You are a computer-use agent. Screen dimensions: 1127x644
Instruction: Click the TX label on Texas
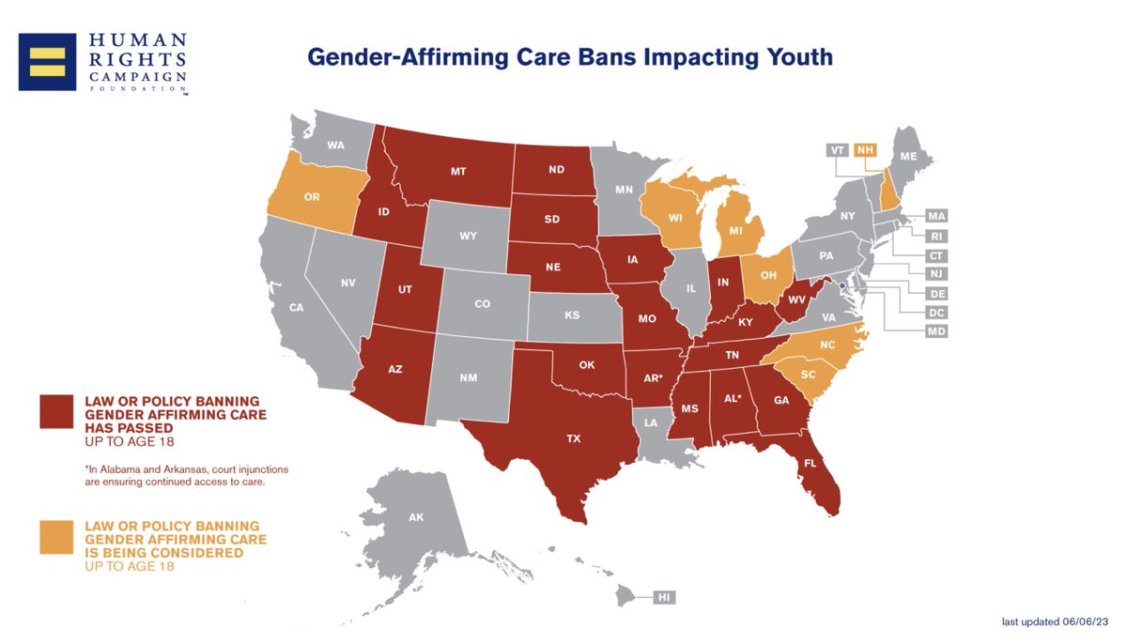(x=573, y=438)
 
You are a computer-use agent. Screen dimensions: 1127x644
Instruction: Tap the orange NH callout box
(x=865, y=150)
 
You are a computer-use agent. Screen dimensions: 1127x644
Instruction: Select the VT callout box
(x=837, y=150)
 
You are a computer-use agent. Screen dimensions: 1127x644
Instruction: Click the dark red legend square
(x=56, y=412)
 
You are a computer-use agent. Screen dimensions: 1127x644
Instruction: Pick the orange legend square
(x=56, y=537)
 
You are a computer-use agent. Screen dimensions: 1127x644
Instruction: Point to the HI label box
(x=664, y=597)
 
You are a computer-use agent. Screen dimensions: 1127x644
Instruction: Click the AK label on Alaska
(x=416, y=517)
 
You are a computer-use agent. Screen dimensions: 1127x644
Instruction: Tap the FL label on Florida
(x=810, y=463)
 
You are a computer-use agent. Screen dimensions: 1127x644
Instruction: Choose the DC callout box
(x=936, y=313)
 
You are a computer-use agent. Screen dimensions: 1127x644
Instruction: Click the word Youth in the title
(x=799, y=57)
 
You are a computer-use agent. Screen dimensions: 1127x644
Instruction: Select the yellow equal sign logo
(x=47, y=62)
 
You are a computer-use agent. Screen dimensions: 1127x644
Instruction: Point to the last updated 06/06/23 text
(x=1055, y=621)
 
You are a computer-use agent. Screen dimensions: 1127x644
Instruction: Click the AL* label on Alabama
(x=733, y=399)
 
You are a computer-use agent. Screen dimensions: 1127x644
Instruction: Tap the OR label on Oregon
(x=312, y=197)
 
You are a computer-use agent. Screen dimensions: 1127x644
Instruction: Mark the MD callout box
(x=936, y=331)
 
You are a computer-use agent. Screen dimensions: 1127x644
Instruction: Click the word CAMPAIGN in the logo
(x=138, y=77)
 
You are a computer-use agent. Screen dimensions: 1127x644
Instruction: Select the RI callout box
(x=936, y=237)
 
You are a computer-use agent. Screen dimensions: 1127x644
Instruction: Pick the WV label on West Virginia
(x=796, y=300)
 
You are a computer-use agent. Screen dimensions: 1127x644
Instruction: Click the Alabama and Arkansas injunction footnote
(x=187, y=476)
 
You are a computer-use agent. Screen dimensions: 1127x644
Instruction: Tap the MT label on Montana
(x=458, y=172)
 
